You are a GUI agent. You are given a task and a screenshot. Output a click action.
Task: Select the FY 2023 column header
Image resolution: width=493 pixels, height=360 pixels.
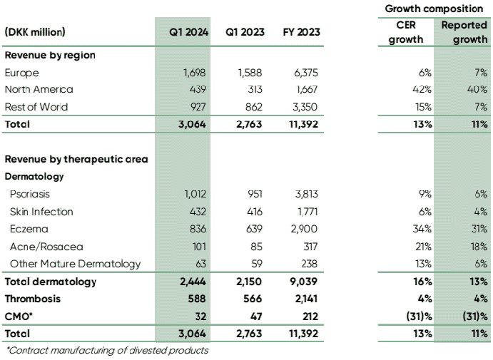[x=301, y=33]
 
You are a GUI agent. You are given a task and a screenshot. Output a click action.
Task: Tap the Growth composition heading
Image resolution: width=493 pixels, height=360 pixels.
[x=433, y=9]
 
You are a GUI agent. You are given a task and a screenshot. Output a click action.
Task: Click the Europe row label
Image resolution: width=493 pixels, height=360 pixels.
[x=21, y=73]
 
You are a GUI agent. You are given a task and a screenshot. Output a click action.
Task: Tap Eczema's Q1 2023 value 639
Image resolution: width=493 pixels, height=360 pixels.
[x=253, y=229]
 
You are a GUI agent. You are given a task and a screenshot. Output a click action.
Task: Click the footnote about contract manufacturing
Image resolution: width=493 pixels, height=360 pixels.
[x=107, y=350]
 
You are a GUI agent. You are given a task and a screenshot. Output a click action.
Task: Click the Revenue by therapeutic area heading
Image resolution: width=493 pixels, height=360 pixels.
[x=76, y=159]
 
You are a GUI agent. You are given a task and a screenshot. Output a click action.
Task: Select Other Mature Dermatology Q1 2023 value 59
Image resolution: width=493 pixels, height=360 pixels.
[x=256, y=264]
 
